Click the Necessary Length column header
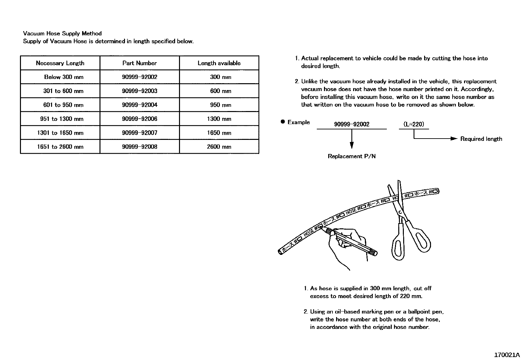click(60, 63)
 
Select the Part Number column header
click(139, 63)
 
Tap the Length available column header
click(219, 63)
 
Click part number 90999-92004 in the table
click(139, 105)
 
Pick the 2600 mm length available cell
click(219, 147)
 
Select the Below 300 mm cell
click(63, 77)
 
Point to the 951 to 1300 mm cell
click(62, 119)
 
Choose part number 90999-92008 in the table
click(139, 147)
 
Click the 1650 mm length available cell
click(219, 133)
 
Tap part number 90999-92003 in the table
click(139, 91)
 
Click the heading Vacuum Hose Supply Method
click(62, 33)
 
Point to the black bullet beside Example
click(283, 122)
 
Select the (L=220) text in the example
click(414, 124)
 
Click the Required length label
click(481, 139)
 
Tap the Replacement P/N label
click(351, 156)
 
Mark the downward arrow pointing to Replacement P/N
click(352, 144)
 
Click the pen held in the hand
click(353, 243)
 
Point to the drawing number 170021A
click(507, 355)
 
